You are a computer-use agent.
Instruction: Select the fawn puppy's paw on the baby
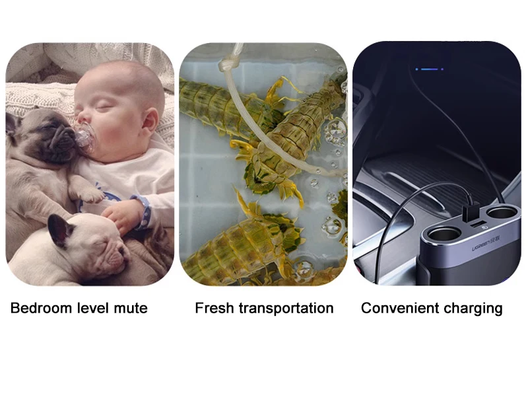pos(89,194)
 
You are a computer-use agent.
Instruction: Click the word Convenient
pos(399,308)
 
